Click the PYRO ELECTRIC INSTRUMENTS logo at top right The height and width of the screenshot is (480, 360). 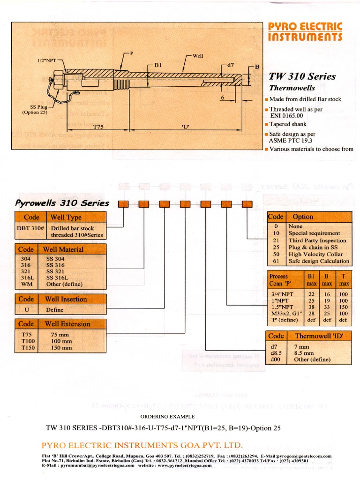click(x=305, y=31)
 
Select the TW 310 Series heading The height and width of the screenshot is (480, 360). click(x=302, y=76)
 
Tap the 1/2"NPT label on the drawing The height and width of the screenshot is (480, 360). click(x=47, y=61)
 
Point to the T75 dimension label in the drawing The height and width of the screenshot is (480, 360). click(x=98, y=127)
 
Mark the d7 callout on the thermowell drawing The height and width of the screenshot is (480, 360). click(x=230, y=64)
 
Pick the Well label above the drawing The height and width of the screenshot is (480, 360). click(x=198, y=56)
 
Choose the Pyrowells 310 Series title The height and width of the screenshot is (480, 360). click(x=62, y=203)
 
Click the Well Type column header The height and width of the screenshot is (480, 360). click(x=66, y=217)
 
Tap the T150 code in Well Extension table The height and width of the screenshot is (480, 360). click(x=26, y=348)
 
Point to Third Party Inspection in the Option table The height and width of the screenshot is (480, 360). click(x=317, y=240)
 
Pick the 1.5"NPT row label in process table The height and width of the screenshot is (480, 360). click(x=282, y=307)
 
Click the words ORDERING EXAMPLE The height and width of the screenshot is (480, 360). click(x=168, y=417)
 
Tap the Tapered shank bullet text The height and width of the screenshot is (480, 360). click(x=288, y=124)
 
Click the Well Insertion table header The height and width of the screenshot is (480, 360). click(x=66, y=299)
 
